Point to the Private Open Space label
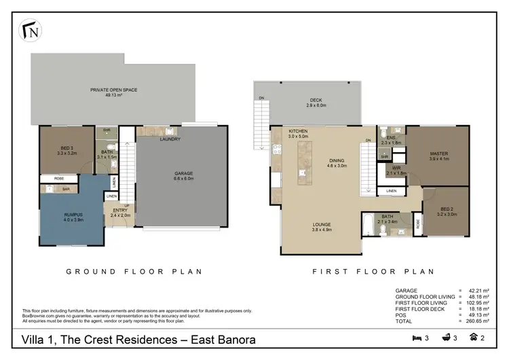[x=112, y=92]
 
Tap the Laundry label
[x=170, y=139]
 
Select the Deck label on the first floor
[x=316, y=103]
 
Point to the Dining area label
[x=337, y=162]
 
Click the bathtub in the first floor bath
[x=368, y=225]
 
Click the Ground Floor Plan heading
[x=134, y=271]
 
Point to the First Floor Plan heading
[x=373, y=271]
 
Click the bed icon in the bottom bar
[x=416, y=338]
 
